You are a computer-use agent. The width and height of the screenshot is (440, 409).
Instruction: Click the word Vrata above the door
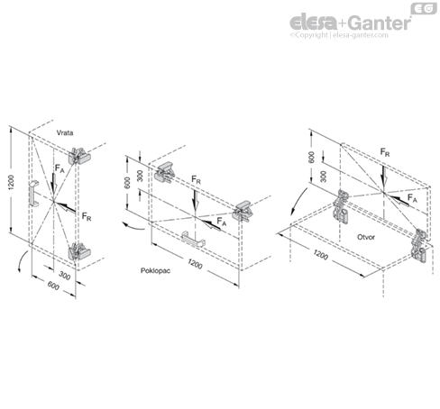click(65, 132)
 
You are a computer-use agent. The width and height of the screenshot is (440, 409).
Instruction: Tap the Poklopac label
click(155, 270)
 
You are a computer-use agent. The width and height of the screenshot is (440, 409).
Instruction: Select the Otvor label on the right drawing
click(366, 237)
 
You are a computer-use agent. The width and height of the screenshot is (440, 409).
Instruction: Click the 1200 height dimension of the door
click(11, 182)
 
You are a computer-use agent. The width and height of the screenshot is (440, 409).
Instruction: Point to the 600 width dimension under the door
click(53, 286)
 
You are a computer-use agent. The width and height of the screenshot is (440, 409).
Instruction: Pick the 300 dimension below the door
click(64, 275)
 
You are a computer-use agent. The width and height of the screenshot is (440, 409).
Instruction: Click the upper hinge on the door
click(79, 156)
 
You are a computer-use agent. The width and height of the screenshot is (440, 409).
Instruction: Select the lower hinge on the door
click(79, 251)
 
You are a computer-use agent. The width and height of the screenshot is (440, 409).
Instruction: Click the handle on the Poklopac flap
click(193, 240)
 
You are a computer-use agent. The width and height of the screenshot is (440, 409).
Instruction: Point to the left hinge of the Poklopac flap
click(165, 172)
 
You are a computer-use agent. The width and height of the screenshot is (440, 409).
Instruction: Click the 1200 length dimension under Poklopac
click(195, 264)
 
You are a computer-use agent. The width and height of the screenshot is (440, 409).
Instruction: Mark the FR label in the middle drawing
click(196, 180)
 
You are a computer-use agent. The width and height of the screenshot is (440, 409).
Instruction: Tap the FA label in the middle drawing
click(222, 222)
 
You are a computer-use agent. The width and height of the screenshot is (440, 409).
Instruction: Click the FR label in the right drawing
click(385, 152)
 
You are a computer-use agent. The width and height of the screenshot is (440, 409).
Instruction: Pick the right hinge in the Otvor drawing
click(420, 246)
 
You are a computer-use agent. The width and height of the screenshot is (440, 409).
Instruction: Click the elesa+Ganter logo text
click(350, 23)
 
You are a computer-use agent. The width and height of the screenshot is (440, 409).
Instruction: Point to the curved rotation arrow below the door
click(22, 260)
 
